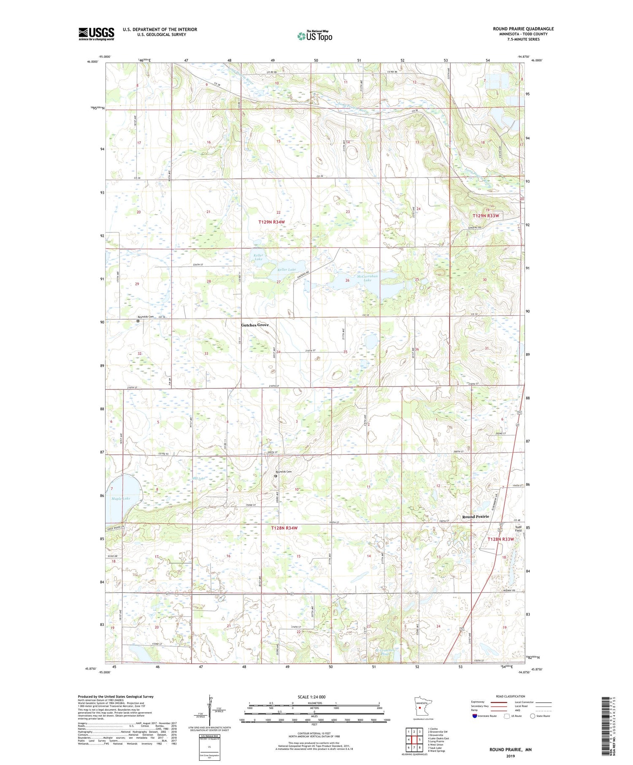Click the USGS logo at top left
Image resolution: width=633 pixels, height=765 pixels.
96,34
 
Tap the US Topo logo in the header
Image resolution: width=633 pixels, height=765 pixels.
314,36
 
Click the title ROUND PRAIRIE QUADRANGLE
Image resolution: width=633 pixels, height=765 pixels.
523,29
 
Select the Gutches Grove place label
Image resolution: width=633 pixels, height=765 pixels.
254,325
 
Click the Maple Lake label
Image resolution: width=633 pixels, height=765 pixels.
121,498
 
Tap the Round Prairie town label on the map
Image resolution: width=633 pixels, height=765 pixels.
475,516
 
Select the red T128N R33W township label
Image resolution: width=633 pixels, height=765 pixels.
501,539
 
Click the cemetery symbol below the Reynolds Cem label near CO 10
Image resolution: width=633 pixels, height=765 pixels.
138,321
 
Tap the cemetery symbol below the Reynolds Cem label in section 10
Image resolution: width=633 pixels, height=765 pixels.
276,476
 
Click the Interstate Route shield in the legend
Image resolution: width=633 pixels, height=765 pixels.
474,716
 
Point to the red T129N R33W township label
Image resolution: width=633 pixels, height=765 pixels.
486,216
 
